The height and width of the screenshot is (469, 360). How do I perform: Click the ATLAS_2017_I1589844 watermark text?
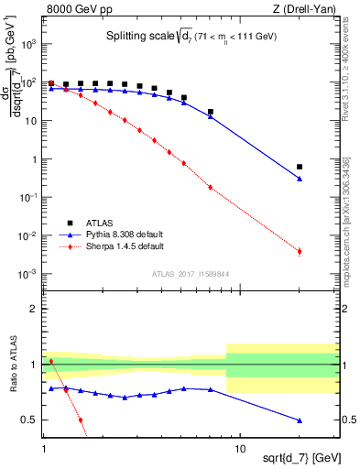tap(191, 274)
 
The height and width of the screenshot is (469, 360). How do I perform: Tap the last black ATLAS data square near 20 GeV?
tap(300, 167)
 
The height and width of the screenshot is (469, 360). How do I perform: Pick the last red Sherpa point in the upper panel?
tap(300, 251)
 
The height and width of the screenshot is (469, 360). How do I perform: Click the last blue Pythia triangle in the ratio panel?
tap(300, 420)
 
